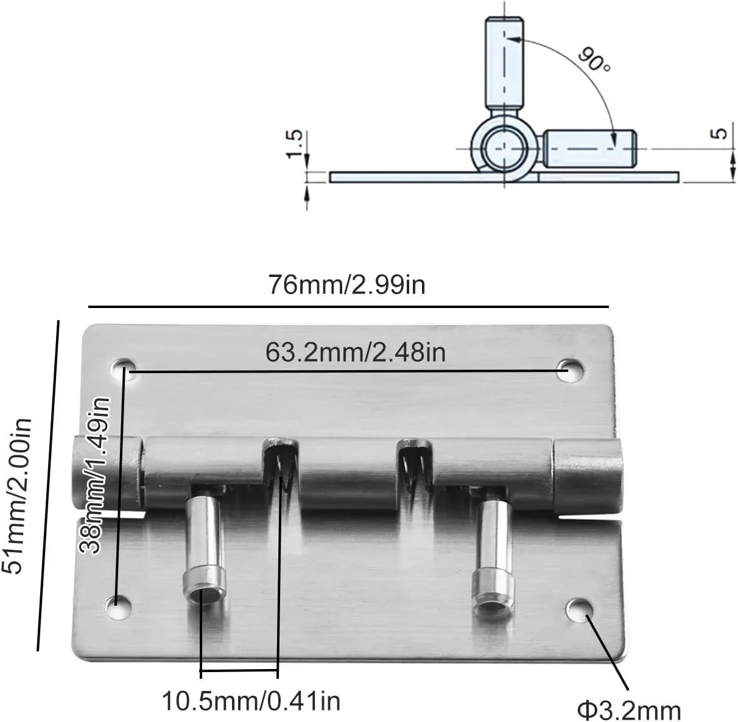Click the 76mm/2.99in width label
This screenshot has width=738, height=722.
347,285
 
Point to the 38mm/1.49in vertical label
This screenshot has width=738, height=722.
96,475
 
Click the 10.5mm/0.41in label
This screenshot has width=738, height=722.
250,701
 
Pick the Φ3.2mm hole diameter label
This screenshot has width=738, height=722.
629,710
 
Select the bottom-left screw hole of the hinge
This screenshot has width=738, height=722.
118,605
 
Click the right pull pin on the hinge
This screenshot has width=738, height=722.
493,557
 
